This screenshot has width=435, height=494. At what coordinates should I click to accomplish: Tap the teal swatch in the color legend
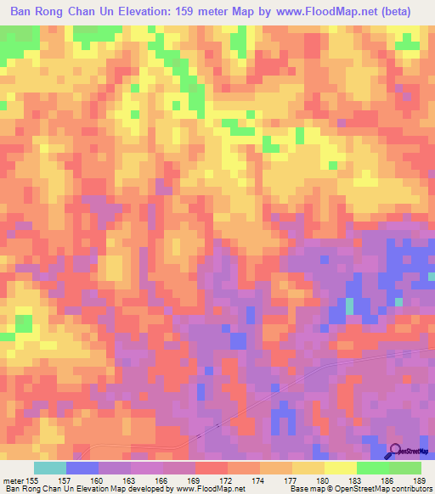tap(50, 468)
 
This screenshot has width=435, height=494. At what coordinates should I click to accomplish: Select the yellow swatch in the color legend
tap(340, 468)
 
